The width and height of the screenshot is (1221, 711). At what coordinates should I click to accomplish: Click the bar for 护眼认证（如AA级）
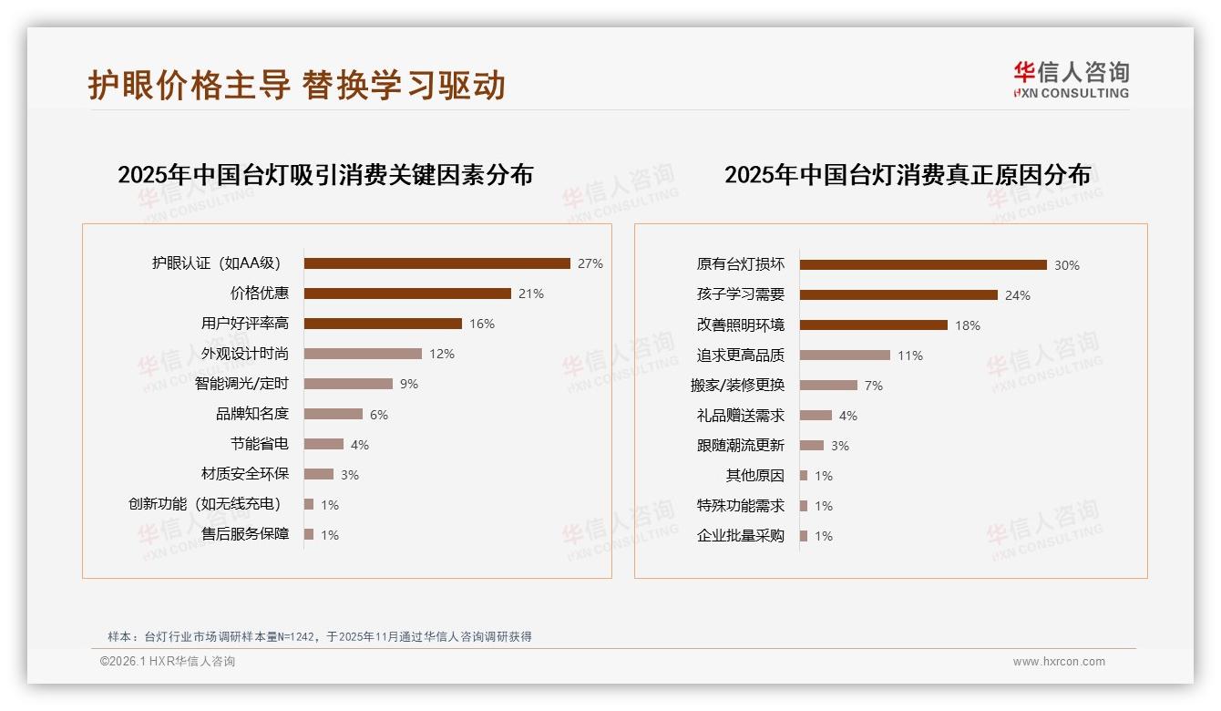[x=436, y=263]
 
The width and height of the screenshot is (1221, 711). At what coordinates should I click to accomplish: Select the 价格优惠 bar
[x=407, y=294]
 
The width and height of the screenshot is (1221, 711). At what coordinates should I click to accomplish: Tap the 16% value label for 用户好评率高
[x=482, y=324]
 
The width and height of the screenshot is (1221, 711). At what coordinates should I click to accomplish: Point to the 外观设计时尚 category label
[x=245, y=354]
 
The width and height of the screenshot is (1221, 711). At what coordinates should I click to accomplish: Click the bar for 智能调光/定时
[x=348, y=384]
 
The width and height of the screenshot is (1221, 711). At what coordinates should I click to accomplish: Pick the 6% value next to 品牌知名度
[x=379, y=415]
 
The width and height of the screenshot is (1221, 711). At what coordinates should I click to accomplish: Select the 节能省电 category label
[x=260, y=444]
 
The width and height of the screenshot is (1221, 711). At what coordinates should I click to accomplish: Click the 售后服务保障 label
[x=245, y=534]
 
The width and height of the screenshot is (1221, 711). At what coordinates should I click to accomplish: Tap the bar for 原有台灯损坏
[x=923, y=265]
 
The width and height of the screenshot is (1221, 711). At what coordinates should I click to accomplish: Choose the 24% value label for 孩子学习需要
[x=1018, y=295]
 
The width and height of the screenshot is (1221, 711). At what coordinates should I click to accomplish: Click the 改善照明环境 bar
[x=874, y=325]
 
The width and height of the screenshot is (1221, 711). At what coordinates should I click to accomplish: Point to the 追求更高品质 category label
[x=741, y=355]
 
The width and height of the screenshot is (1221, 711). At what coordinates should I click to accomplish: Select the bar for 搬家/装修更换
[x=828, y=386]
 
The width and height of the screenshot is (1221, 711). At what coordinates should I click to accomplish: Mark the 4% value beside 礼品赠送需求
[x=848, y=416]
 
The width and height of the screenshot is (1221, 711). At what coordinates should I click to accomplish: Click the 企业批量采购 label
[x=741, y=536]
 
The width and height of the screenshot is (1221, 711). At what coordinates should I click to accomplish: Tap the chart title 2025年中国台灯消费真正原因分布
[x=908, y=175]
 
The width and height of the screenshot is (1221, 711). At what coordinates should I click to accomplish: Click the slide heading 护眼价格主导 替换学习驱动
[x=297, y=85]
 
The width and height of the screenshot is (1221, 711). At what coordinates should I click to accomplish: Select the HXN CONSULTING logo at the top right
[x=1071, y=80]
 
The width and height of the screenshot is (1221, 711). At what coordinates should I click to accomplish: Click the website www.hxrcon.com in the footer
[x=1059, y=662]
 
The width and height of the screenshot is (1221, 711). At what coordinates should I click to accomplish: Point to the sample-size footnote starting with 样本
[x=320, y=637]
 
